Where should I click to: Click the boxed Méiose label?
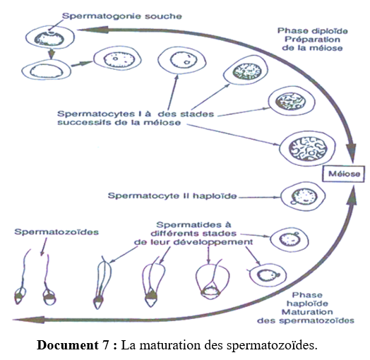pyautogui.click(x=344, y=174)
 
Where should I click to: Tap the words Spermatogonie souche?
pyautogui.click(x=121, y=16)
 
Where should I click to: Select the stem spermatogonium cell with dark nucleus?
pyautogui.click(x=50, y=37)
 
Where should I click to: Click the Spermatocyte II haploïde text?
pyautogui.click(x=172, y=196)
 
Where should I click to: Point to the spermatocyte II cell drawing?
pyautogui.click(x=303, y=196)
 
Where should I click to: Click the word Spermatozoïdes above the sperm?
pyautogui.click(x=56, y=232)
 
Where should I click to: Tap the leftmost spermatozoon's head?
pyautogui.click(x=20, y=296)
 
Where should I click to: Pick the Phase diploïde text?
pyautogui.click(x=312, y=31)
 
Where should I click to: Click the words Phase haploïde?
pyautogui.click(x=307, y=299)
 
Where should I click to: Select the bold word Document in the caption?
pyautogui.click(x=68, y=345)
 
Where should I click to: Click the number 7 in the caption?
pyautogui.click(x=106, y=345)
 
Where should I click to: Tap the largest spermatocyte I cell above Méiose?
pyautogui.click(x=307, y=149)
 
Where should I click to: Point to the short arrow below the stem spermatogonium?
pyautogui.click(x=52, y=54)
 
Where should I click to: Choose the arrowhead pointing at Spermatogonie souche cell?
pyautogui.click(x=92, y=30)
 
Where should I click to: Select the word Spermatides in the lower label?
pyautogui.click(x=193, y=224)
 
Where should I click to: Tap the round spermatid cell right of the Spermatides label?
pyautogui.click(x=290, y=240)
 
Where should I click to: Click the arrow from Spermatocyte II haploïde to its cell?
pyautogui.click(x=259, y=197)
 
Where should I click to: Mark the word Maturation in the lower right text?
pyautogui.click(x=307, y=312)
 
